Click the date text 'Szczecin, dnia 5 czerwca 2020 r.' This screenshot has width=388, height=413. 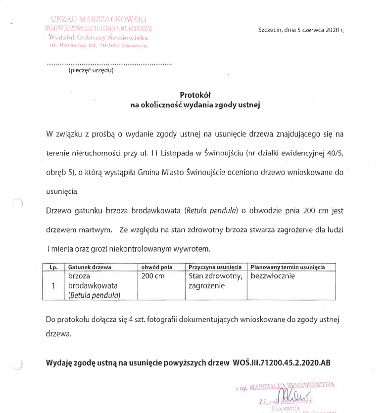[301, 30]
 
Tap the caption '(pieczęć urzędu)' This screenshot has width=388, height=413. [91, 70]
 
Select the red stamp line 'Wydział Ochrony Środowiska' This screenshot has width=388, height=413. [98, 37]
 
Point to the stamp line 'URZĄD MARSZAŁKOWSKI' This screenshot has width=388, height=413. [98, 20]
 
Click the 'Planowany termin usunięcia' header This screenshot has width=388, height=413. [288, 267]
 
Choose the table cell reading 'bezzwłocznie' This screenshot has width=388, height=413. [273, 276]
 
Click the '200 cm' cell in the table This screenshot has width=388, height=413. [153, 276]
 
